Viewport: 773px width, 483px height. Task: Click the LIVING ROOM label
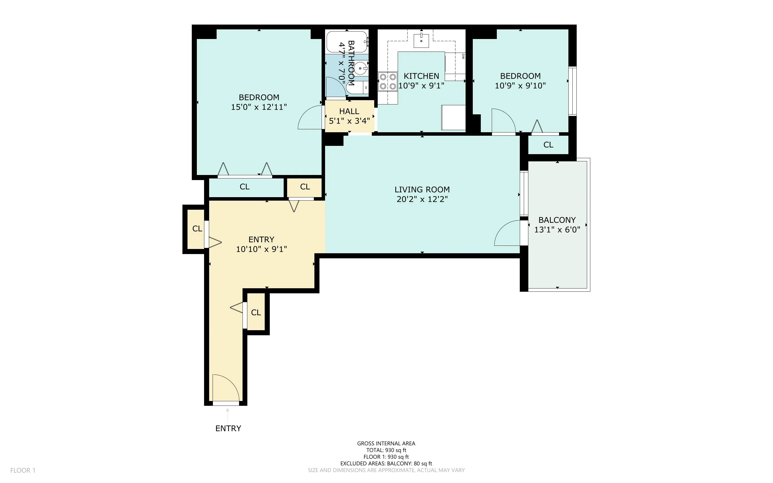422,189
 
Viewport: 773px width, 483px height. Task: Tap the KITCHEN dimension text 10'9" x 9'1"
421,85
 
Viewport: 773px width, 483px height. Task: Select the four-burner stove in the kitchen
388,81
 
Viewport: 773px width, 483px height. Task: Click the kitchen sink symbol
421,40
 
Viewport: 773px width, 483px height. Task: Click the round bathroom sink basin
361,68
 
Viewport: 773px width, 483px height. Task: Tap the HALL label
349,111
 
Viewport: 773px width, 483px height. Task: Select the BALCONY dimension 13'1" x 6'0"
557,230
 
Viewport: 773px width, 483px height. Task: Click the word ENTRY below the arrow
228,429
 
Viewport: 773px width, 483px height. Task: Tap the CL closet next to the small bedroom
548,145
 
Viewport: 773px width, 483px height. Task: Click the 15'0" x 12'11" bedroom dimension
259,107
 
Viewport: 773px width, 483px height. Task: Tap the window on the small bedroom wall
572,91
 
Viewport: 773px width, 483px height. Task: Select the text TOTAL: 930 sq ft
386,450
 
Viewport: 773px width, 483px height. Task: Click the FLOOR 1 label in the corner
23,470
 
